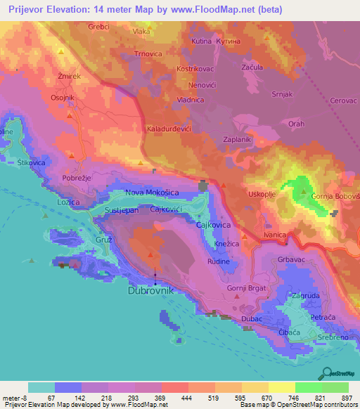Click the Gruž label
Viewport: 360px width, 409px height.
pyautogui.click(x=103, y=240)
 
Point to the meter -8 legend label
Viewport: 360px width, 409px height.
pyautogui.click(x=15, y=397)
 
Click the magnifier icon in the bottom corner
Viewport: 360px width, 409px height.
pyautogui.click(x=327, y=375)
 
